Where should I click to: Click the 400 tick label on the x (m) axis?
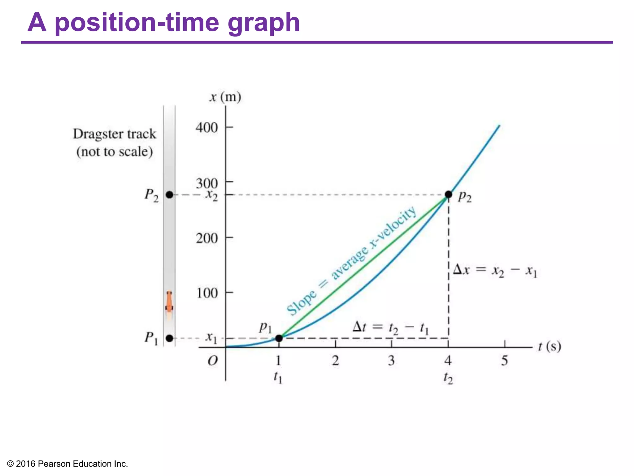click(x=206, y=128)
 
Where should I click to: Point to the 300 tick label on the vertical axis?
click(x=206, y=183)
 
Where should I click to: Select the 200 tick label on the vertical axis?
click(x=206, y=238)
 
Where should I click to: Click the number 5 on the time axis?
click(x=504, y=360)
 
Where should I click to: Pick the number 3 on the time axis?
click(x=391, y=360)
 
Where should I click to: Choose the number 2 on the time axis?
click(x=335, y=360)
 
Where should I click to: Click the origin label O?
click(x=213, y=361)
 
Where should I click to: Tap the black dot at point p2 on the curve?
click(x=448, y=195)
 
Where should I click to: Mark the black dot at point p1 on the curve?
click(x=279, y=338)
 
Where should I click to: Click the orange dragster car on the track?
click(x=169, y=302)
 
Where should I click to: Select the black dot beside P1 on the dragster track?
click(x=169, y=338)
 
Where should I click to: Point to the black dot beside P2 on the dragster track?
click(x=169, y=195)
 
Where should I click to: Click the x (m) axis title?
click(x=225, y=97)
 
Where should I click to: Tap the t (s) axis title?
click(x=549, y=346)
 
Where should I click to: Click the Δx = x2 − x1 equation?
click(x=495, y=271)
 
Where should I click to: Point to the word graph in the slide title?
click(x=263, y=23)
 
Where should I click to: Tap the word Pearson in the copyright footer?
click(x=54, y=464)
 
